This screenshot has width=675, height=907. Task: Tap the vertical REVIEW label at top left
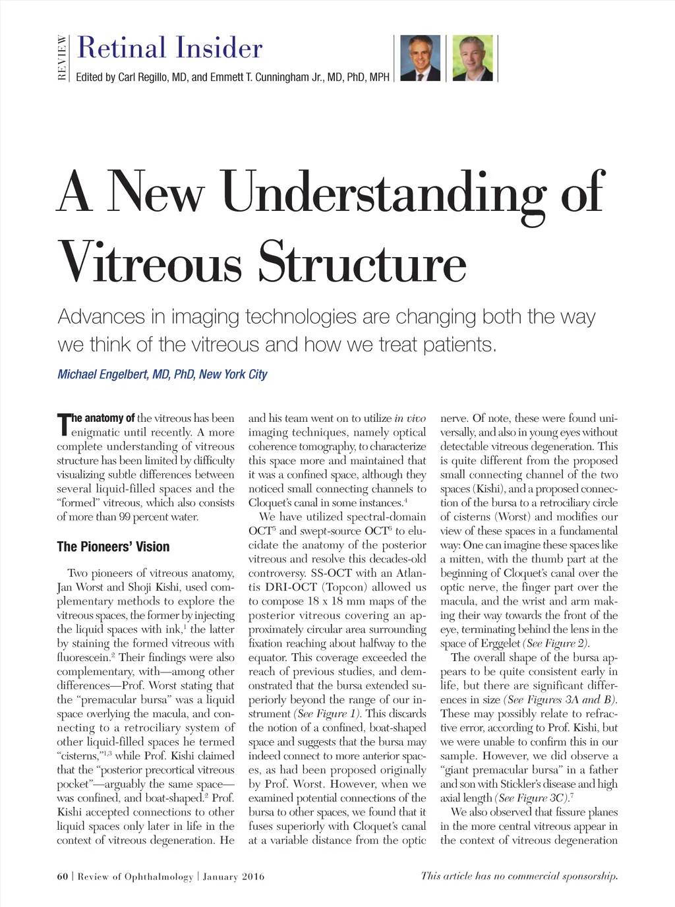click(62, 57)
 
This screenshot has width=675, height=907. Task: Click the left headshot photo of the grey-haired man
click(421, 58)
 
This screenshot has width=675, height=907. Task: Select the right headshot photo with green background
click(473, 58)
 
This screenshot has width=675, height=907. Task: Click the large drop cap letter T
click(64, 424)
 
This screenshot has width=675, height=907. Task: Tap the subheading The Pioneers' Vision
click(113, 546)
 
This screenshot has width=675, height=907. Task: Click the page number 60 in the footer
click(63, 876)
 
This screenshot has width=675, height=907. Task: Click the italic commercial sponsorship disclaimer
click(519, 875)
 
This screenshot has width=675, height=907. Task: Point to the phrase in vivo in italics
click(410, 419)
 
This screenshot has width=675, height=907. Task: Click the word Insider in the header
click(218, 49)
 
